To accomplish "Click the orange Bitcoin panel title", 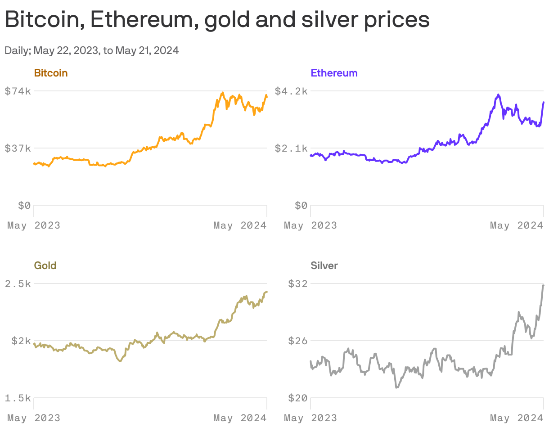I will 51,73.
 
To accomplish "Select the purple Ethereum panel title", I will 334,73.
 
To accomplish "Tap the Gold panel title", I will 45,265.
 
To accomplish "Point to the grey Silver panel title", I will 324,265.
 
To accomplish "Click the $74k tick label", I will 18,91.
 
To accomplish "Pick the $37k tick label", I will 18,148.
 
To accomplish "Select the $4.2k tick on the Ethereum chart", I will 291,91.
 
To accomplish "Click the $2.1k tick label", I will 291,148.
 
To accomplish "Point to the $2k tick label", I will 20,341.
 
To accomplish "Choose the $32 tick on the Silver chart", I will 297,283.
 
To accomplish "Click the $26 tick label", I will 297,341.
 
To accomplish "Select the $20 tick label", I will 297,398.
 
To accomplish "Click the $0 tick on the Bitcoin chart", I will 24,206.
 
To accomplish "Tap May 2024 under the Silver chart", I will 517,418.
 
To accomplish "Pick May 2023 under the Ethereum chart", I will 310,225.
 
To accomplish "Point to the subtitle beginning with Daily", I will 92,50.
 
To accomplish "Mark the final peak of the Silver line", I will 543,285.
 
